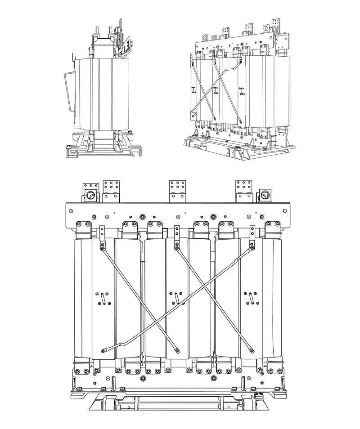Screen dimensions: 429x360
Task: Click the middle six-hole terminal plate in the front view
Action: point(178,188)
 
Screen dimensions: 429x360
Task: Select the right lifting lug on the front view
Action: point(264,195)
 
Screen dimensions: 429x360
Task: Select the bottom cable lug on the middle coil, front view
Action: point(177,349)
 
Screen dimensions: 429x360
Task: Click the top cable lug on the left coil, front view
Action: point(103,246)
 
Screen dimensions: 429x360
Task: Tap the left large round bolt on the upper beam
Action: point(143,216)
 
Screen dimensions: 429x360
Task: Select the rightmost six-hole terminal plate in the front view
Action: point(244,188)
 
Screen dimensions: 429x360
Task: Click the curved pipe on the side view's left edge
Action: point(68,90)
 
